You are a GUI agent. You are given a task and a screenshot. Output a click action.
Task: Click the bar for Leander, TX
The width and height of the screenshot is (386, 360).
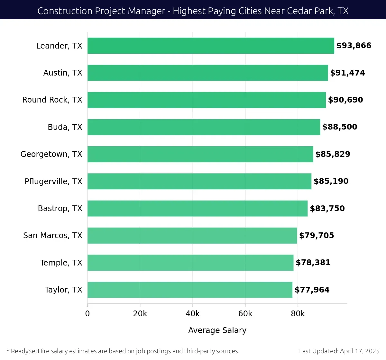coord(211,46)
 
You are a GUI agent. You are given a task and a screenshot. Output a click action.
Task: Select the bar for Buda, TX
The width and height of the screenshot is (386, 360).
coord(204,127)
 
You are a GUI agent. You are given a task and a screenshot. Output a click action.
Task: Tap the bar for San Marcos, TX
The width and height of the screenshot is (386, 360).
coord(192,236)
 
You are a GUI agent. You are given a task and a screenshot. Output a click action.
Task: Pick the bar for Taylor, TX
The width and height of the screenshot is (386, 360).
coord(190,290)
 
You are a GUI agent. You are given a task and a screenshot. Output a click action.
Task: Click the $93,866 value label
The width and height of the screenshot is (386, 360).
coord(354,46)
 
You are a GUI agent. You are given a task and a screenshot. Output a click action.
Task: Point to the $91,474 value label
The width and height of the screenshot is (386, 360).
coord(347,73)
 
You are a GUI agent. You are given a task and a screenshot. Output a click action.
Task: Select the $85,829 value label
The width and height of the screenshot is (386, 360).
coord(333,154)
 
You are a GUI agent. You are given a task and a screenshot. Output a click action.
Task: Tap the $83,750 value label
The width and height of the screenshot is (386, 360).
coord(327,209)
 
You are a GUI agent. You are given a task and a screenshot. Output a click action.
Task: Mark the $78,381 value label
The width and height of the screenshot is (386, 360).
coord(313,263)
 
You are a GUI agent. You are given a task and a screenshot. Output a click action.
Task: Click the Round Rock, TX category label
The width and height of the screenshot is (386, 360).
coord(52,100)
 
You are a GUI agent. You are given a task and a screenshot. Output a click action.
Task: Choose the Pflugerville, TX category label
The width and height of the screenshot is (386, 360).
coord(53,182)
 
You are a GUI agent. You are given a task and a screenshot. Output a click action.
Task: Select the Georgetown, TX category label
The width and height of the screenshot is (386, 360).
coord(51,154)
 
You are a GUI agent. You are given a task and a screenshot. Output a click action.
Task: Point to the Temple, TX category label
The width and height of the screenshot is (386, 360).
coord(61,263)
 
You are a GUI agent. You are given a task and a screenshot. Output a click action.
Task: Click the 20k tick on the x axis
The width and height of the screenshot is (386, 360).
coord(140,314)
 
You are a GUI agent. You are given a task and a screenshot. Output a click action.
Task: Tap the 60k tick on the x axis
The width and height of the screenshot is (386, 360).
coord(245,314)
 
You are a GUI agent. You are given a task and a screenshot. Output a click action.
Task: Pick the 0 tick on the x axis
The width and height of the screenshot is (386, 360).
coord(87,314)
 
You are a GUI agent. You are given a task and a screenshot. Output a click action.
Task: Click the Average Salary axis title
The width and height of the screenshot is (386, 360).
coord(217,330)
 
